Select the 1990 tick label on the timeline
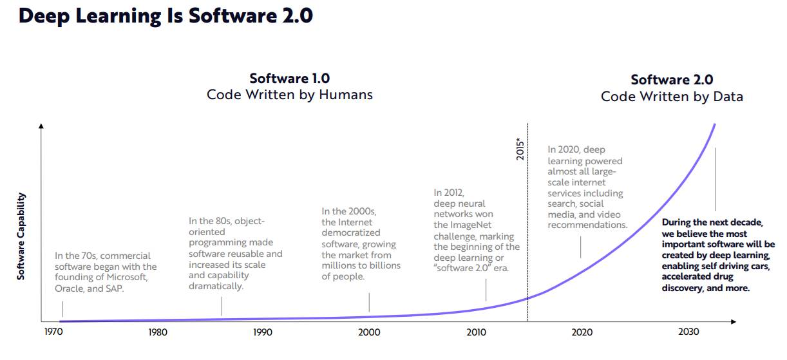pos(263,332)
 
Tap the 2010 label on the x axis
pos(477,332)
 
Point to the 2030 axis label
pos(688,332)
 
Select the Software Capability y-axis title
pos(21,236)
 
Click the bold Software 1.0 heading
pos(289,79)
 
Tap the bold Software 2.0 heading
pos(672,80)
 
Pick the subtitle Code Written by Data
pos(672,97)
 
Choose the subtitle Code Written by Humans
pos(289,95)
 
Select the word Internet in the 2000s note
pos(355,222)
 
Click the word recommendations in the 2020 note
pos(587,225)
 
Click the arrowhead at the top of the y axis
pos(41,126)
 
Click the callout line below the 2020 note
pos(581,247)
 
